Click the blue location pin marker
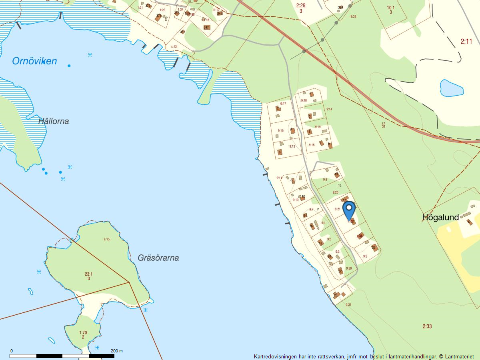pos(349,210)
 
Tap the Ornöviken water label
pos(34,61)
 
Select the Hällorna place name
pos(54,121)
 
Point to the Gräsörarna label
pos(158,258)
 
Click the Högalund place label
pos(440,217)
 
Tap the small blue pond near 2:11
pos(452,88)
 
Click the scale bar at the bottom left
pos(62,356)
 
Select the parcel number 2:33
pos(427,326)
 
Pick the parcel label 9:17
pos(283,104)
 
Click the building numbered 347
pos(206,27)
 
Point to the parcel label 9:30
pos(348,268)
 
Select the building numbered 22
pos(340,271)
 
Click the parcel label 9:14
pos(329,109)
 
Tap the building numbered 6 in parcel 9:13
pos(280,152)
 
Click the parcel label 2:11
pos(466,41)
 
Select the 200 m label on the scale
pos(117,351)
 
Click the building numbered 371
pos(159,16)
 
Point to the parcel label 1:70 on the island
pos(83,333)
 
